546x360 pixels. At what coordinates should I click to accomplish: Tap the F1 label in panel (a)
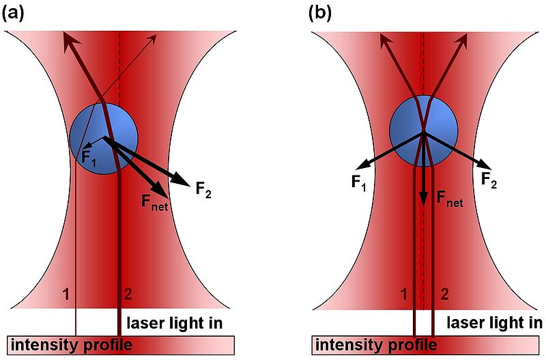[x=89, y=156]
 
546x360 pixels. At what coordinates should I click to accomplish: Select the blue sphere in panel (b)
[x=423, y=130]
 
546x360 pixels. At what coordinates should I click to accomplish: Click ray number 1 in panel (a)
[x=66, y=294]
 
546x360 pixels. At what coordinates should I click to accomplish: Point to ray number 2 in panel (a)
[x=127, y=294]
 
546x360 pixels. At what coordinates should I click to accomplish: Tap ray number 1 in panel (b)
[x=405, y=294]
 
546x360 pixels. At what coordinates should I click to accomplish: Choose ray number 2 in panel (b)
[x=444, y=294]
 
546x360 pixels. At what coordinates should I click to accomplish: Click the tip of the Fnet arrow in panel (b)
[x=423, y=203]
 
